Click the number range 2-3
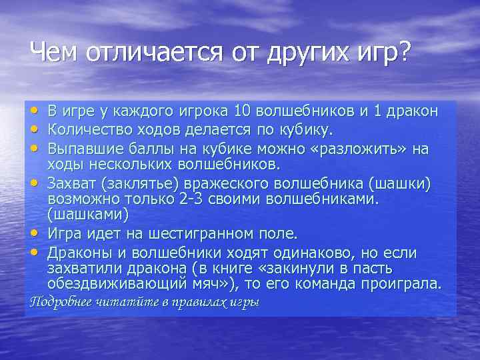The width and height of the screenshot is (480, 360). click(x=195, y=199)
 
